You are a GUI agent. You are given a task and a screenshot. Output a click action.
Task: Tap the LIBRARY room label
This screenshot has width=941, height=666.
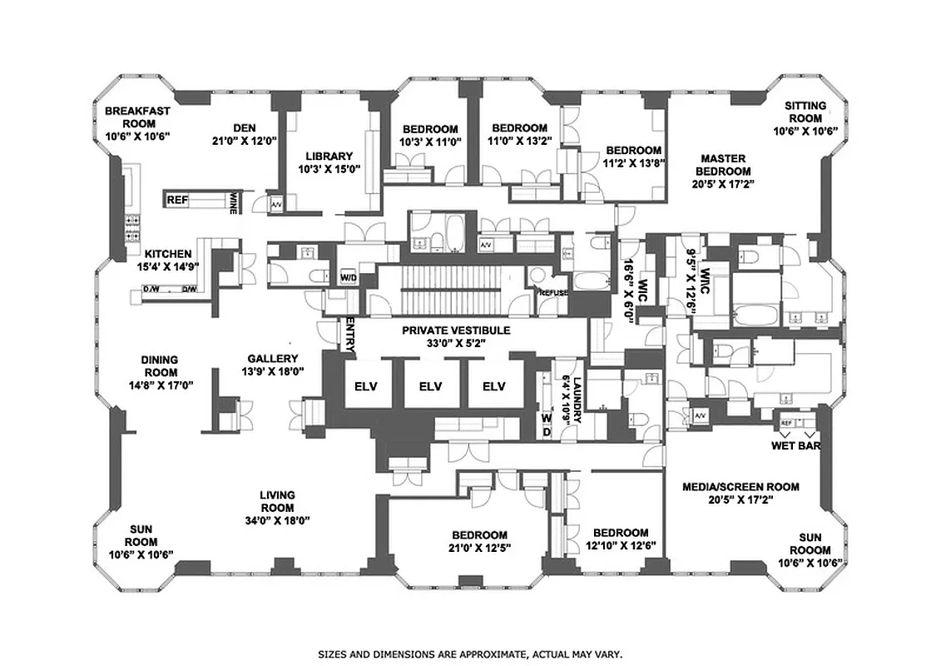pyautogui.click(x=329, y=156)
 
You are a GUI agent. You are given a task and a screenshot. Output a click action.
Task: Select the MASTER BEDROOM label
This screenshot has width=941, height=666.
pyautogui.click(x=722, y=165)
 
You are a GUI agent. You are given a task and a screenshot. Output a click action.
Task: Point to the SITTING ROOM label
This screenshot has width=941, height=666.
pyautogui.click(x=805, y=106)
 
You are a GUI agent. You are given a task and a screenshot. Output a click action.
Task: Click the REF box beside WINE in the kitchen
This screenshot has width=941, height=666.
pyautogui.click(x=177, y=200)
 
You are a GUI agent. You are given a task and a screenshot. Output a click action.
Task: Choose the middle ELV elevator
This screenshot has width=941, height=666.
pyautogui.click(x=430, y=386)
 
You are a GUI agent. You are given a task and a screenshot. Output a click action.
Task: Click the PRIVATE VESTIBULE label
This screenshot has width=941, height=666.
pyautogui.click(x=455, y=331)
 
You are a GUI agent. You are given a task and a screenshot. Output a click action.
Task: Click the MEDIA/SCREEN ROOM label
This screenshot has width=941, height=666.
pyautogui.click(x=740, y=487)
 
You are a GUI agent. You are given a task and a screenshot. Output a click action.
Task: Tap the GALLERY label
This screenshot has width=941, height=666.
pyautogui.click(x=272, y=359)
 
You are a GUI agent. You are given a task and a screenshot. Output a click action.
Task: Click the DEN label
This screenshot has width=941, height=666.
pyautogui.click(x=244, y=127)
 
